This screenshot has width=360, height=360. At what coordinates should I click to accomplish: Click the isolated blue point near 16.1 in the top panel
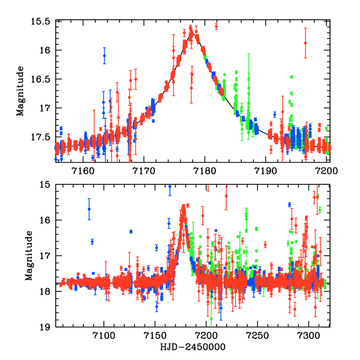104,56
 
